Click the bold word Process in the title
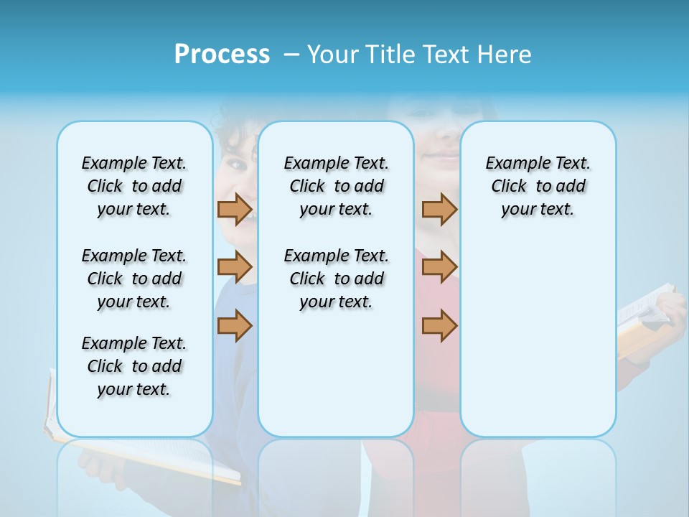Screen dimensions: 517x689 (x=222, y=55)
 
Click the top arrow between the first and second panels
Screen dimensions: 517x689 (x=235, y=209)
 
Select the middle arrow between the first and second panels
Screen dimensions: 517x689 (x=235, y=268)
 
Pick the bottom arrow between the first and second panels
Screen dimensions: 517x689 (x=235, y=325)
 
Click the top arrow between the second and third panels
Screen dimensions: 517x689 (x=439, y=209)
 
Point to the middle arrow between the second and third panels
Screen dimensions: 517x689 (x=439, y=268)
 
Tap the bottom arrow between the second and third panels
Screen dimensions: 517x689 (x=439, y=325)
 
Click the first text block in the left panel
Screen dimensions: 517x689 (x=134, y=186)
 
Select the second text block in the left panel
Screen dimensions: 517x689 (x=134, y=279)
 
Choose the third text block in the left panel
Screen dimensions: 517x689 (x=134, y=366)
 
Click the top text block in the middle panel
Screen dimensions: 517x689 (x=336, y=186)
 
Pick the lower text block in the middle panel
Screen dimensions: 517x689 (x=336, y=279)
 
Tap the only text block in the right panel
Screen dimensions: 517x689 (x=538, y=186)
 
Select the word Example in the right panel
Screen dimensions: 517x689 (x=512, y=164)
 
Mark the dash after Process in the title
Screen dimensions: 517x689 (x=291, y=55)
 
